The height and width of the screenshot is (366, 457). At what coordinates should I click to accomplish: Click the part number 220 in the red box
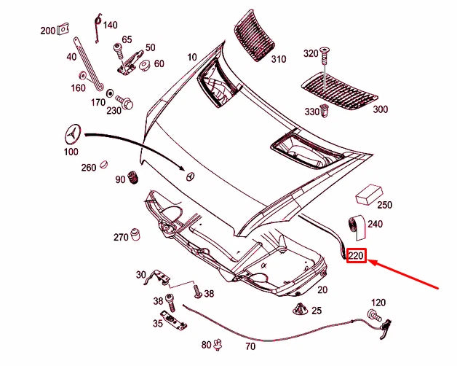356,256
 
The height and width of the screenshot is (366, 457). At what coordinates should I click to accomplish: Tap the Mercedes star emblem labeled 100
73,134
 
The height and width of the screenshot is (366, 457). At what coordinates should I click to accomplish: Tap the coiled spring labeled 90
133,177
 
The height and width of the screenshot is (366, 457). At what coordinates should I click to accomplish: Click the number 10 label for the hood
191,57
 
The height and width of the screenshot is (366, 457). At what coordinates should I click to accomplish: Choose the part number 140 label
110,25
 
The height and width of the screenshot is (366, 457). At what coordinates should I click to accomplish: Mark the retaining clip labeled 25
299,310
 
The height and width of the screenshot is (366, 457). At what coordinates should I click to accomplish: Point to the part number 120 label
378,303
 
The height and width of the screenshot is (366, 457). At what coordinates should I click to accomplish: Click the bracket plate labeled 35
169,319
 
